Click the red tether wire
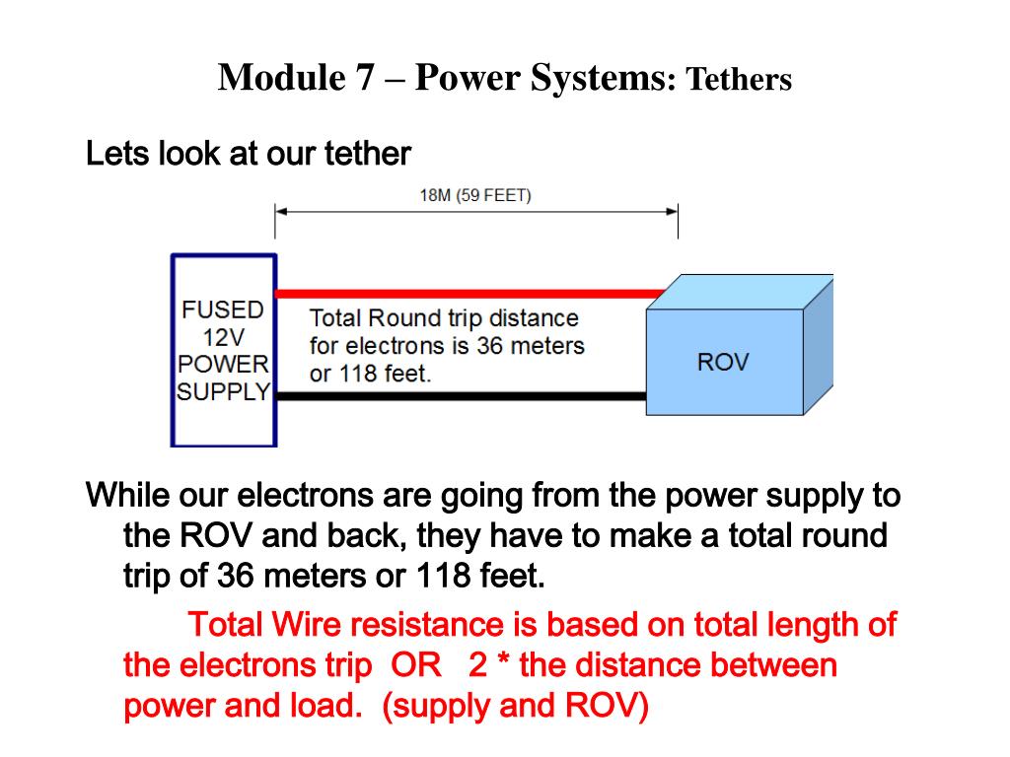point(464,293)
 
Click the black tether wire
point(464,396)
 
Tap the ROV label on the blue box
point(723,362)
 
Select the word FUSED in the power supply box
point(223,310)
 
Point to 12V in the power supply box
point(223,336)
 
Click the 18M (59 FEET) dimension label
point(475,195)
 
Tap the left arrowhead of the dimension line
point(280,211)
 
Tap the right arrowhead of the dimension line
point(672,211)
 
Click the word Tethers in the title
point(739,80)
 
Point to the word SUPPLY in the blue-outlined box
point(223,391)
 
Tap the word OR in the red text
point(416,665)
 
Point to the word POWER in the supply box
point(223,364)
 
